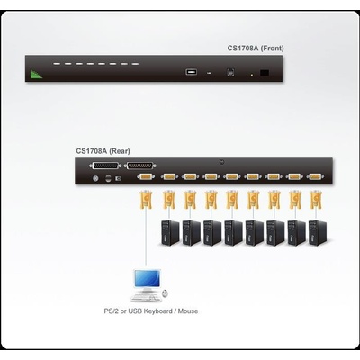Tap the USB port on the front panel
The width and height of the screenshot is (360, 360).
coord(191,71)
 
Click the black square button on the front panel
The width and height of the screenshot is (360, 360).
coord(263,72)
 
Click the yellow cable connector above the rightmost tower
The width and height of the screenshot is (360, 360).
coord(315,199)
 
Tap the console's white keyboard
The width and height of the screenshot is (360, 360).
coord(144,297)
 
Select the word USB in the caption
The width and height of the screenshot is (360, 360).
coord(137,311)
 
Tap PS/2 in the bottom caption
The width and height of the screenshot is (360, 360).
coord(112,311)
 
